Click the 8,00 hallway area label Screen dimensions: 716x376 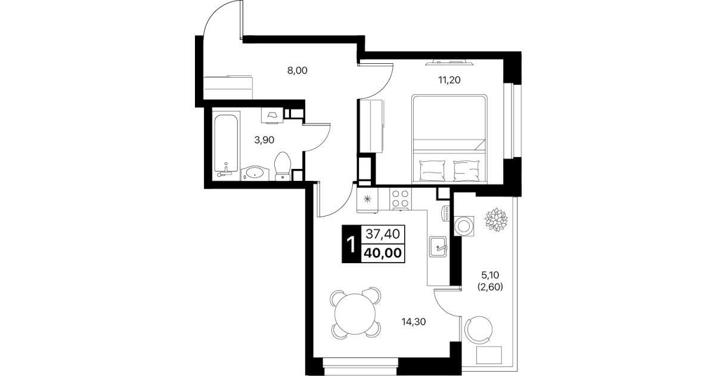[x=297, y=70]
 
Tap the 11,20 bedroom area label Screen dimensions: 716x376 [x=449, y=80]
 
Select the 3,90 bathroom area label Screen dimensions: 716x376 [x=264, y=140]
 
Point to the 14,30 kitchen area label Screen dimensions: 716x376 [x=414, y=322]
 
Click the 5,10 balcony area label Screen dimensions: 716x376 [x=490, y=275]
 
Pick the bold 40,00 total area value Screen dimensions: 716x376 [x=383, y=253]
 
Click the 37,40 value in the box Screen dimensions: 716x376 [x=383, y=234]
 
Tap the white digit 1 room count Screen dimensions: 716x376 [x=351, y=245]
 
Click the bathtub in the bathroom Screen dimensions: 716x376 [x=226, y=143]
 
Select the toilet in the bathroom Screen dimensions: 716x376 [x=283, y=166]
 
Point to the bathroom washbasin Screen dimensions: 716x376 [x=255, y=173]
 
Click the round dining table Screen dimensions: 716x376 [x=355, y=314]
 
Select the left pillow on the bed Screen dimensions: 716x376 [x=432, y=171]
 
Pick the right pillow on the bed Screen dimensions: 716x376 [x=467, y=171]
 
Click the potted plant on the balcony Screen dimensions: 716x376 [x=496, y=220]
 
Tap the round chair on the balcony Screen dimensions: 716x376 [x=479, y=329]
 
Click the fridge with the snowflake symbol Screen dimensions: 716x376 [x=368, y=200]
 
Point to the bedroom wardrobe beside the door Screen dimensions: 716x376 [x=371, y=126]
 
